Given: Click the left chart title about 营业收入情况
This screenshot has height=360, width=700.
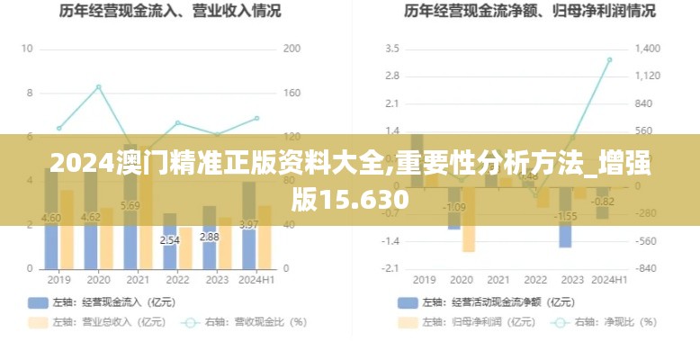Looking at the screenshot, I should (x=170, y=12).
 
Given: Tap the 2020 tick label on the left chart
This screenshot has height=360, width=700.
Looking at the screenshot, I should (x=98, y=279).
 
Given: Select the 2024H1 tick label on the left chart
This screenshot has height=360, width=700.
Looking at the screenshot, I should (x=256, y=279).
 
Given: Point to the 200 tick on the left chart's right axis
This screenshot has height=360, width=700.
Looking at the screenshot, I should (x=292, y=49).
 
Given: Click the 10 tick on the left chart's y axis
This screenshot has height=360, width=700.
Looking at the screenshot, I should (x=27, y=49).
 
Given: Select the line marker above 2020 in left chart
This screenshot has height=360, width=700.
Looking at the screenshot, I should (x=98, y=87).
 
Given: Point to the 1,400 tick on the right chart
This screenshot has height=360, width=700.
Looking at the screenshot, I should (x=648, y=49).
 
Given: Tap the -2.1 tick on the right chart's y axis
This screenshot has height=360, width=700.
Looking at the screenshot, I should (x=390, y=269).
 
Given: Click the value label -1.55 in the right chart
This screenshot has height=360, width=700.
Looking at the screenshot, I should (x=565, y=216).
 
